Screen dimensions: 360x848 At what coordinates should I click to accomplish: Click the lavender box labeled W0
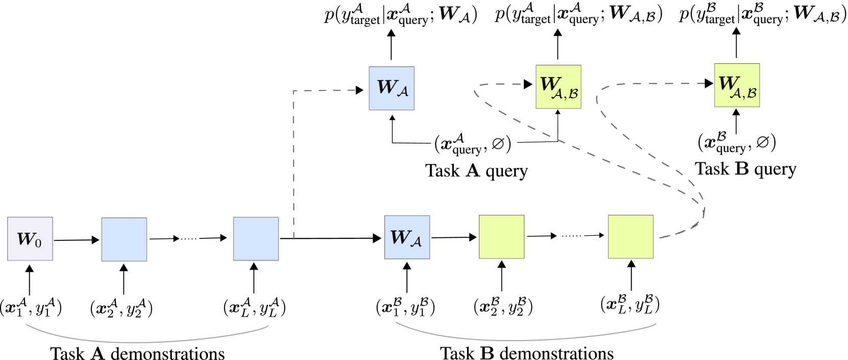coord(30,238)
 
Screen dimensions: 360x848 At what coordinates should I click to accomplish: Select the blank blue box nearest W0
coord(124,239)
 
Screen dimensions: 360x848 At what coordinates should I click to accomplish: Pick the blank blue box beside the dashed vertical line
coord(256,238)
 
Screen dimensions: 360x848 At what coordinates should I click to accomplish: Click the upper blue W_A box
coord(392,88)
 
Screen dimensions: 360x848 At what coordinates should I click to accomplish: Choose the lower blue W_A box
coord(407,237)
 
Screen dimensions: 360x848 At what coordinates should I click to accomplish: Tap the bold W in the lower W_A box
coord(399,236)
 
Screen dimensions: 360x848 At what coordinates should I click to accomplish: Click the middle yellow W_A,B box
coord(558,87)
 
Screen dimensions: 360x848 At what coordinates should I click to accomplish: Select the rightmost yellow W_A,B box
coord(737,85)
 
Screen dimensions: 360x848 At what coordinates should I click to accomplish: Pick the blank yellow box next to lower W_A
coord(501,236)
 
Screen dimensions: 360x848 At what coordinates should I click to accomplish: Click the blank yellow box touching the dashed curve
coord(631,236)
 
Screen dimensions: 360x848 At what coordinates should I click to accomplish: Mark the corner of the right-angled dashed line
coord(294,91)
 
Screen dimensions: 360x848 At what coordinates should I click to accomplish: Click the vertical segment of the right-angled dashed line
coord(294,163)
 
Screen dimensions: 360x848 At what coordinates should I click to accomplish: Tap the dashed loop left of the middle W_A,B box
coord(475,92)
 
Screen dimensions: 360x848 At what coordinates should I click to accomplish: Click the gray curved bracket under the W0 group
coord(147,341)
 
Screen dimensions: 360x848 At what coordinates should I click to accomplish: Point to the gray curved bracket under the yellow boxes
coord(526,339)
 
